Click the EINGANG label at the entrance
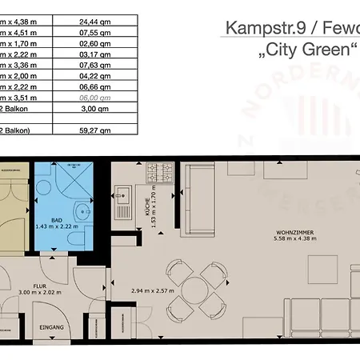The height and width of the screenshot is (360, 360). pos(53,326)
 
